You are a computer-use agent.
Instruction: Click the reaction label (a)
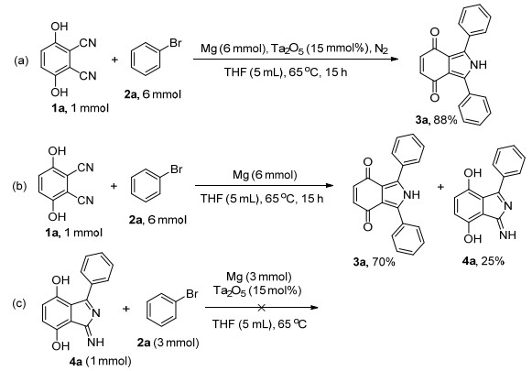pyautogui.click(x=21, y=60)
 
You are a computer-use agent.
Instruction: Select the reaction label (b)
pyautogui.click(x=19, y=186)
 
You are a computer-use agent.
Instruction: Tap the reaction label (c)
pyautogui.click(x=19, y=303)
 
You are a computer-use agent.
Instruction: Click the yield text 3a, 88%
pyautogui.click(x=436, y=119)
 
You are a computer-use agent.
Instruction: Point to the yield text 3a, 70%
pyautogui.click(x=374, y=262)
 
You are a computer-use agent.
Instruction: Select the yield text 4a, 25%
pyautogui.click(x=483, y=261)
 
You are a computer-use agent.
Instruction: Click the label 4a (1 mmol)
pyautogui.click(x=100, y=362)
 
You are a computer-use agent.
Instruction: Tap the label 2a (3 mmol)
pyautogui.click(x=168, y=343)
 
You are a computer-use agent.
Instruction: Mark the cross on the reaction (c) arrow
pyautogui.click(x=261, y=308)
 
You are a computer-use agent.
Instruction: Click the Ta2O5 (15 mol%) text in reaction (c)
pyautogui.click(x=257, y=291)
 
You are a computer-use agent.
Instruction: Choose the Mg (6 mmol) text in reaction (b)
pyautogui.click(x=265, y=175)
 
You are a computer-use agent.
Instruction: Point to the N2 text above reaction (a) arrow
pyautogui.click(x=381, y=49)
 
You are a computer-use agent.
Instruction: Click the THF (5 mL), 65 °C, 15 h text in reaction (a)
pyautogui.click(x=286, y=72)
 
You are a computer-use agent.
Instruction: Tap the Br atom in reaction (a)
pyautogui.click(x=175, y=43)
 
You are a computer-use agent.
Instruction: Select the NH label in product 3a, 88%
pyautogui.click(x=479, y=64)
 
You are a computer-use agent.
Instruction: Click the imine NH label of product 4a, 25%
pyautogui.click(x=508, y=235)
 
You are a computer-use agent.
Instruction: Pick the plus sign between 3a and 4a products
pyautogui.click(x=440, y=186)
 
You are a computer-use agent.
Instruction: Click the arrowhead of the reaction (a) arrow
pyautogui.click(x=394, y=59)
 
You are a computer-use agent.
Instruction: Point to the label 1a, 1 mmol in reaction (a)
pyautogui.click(x=80, y=108)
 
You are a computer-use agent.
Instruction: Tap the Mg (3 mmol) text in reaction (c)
pyautogui.click(x=258, y=277)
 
